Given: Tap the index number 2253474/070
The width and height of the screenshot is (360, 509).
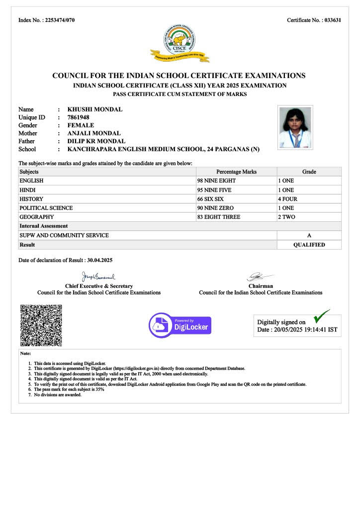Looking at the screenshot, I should tap(60, 20).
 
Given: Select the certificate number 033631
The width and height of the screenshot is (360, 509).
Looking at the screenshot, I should tap(332, 20).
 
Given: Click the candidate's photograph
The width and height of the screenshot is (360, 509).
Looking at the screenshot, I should tap(295, 127).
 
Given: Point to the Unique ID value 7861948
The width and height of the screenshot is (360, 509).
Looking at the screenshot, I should tap(79, 117).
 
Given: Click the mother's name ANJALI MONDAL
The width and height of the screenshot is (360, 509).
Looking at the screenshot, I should tap(94, 133).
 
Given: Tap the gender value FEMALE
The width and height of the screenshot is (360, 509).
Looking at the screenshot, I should tap(81, 125).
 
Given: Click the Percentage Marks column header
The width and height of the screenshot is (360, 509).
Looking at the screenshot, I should tap(236, 171).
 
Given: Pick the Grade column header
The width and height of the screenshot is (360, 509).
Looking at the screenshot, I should tap(309, 171).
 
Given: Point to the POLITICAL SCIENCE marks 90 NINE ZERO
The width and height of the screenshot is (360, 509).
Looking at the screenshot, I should tap(215, 208).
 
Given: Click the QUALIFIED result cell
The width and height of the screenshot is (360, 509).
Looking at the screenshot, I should tap(309, 245).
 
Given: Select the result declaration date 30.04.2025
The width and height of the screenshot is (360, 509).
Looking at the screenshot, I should tap(100, 260).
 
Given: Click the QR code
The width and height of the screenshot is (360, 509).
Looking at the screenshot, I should tap(41, 325).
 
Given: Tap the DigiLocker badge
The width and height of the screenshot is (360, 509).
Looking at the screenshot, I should tap(180, 326).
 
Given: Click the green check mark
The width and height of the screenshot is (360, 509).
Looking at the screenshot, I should tap(321, 316).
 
